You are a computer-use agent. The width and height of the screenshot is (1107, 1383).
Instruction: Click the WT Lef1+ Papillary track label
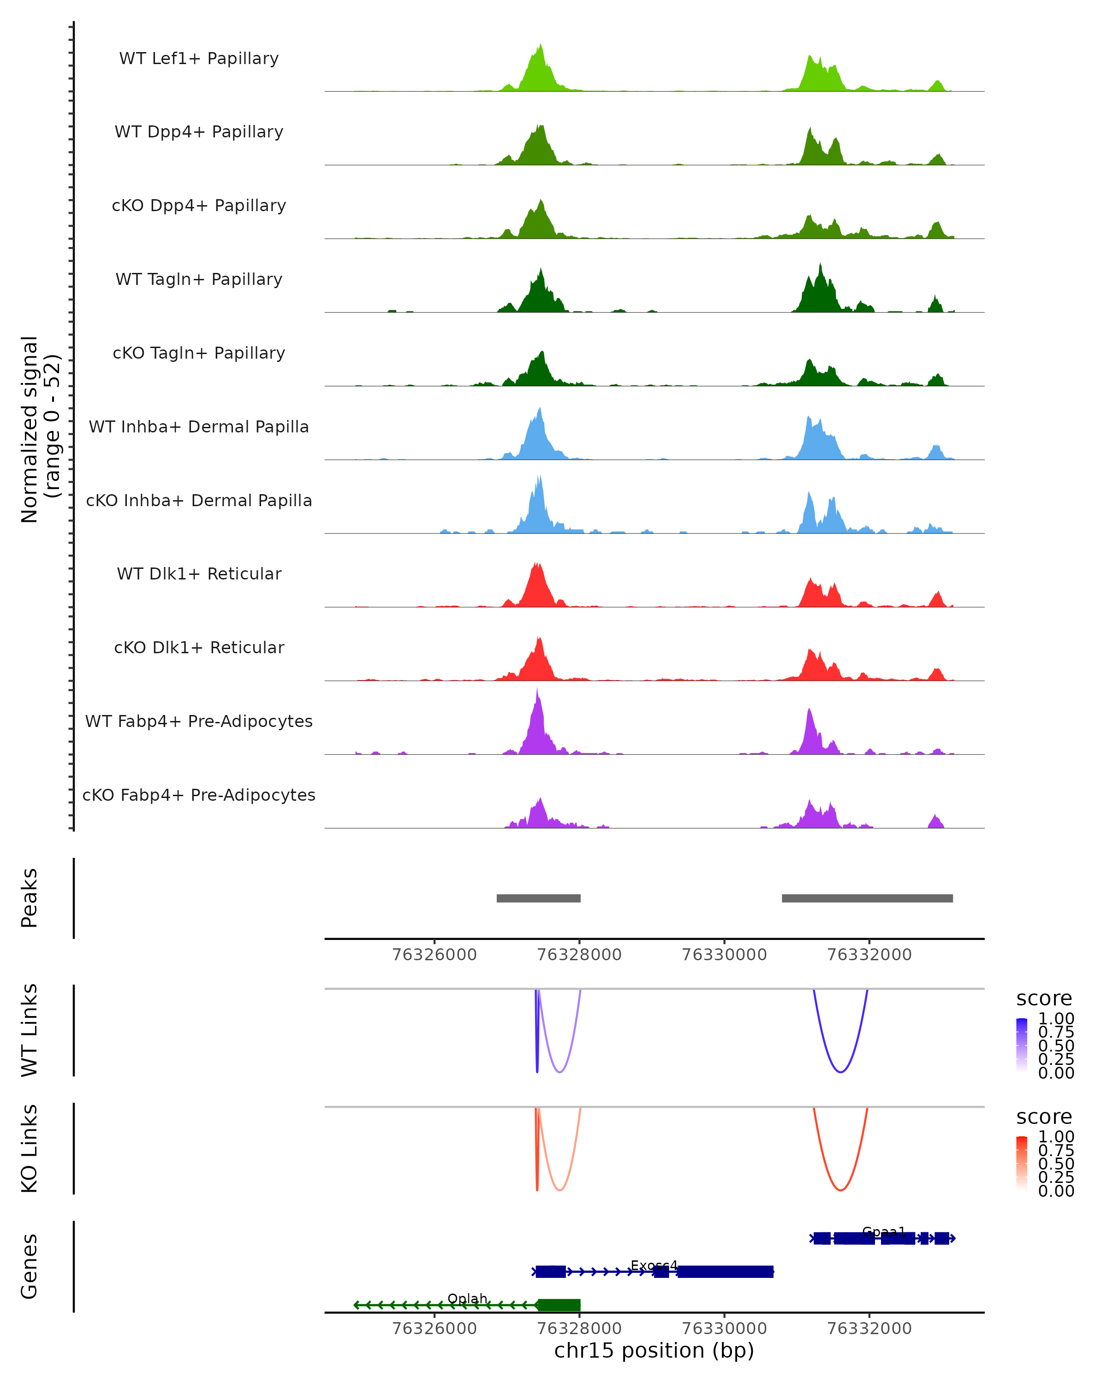tap(199, 59)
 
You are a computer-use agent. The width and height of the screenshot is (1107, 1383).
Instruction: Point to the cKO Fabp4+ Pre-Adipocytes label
tap(199, 795)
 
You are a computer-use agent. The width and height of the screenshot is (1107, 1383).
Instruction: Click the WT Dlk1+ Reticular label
tap(199, 573)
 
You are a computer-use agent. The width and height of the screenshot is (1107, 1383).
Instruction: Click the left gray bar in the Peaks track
tap(538, 898)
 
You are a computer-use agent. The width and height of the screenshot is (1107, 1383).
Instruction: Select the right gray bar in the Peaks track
tap(867, 898)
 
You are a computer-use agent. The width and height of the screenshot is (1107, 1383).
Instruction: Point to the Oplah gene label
tap(467, 1298)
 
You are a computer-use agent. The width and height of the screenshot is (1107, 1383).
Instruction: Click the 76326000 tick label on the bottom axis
tap(434, 1329)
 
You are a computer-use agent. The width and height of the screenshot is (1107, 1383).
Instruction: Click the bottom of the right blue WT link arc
tap(840, 1072)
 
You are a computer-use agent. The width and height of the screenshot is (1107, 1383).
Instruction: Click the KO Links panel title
tap(30, 1148)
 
